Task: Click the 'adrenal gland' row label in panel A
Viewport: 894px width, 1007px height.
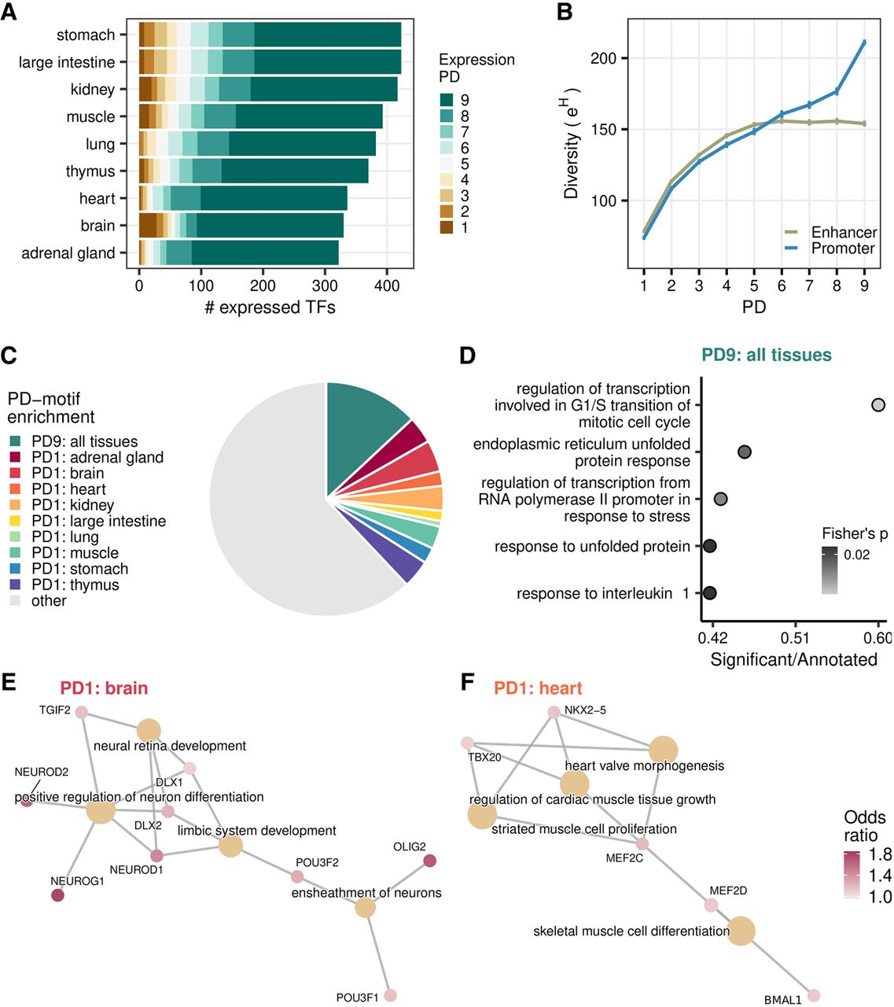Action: (68, 253)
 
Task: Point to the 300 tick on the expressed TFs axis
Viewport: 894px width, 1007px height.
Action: (325, 285)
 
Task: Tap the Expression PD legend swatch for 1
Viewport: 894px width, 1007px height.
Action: (447, 227)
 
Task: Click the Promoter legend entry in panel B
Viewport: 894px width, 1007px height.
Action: (842, 249)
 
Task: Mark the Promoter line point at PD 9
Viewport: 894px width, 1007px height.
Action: (864, 42)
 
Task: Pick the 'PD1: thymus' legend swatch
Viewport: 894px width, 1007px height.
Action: (16, 585)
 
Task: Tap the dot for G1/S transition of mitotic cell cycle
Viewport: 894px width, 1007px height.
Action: (878, 405)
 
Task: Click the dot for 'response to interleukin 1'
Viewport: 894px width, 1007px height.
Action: (710, 593)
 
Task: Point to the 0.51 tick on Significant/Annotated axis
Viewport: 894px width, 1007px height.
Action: (796, 636)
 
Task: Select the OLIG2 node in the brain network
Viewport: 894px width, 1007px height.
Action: (429, 861)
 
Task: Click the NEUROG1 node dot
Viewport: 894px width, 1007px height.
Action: (57, 895)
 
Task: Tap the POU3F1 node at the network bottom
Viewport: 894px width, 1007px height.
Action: (390, 995)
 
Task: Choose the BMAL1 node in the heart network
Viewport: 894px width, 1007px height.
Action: (814, 995)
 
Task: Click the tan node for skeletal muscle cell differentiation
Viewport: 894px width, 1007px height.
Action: (741, 931)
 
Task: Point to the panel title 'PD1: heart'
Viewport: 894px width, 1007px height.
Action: (538, 688)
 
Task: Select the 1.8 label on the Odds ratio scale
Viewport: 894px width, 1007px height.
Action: (880, 854)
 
